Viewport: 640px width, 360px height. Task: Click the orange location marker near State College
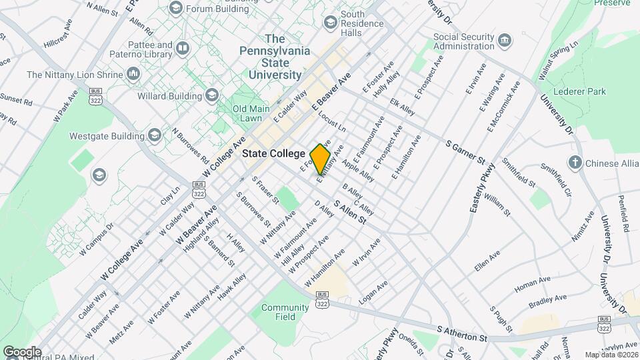pyautogui.click(x=321, y=159)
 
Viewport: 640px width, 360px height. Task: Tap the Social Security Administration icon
pyautogui.click(x=506, y=41)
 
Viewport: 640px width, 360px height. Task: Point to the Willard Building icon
pyautogui.click(x=212, y=96)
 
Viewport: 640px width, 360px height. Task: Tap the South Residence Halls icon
pyautogui.click(x=330, y=23)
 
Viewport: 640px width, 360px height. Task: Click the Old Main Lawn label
pyautogui.click(x=247, y=113)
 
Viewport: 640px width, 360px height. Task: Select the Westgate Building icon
pyautogui.click(x=154, y=136)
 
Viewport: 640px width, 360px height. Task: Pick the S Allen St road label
pyautogui.click(x=350, y=213)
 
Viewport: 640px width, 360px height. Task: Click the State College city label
pyautogui.click(x=273, y=153)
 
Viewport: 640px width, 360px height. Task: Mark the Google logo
pyautogui.click(x=22, y=351)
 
